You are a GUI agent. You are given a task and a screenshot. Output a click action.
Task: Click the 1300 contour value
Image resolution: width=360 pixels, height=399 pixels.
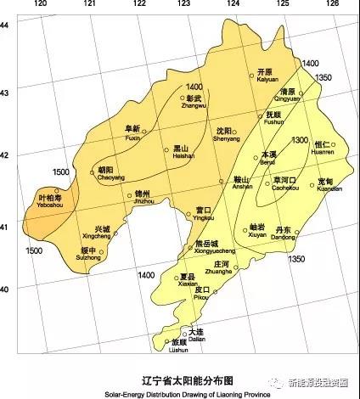click(299, 140)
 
